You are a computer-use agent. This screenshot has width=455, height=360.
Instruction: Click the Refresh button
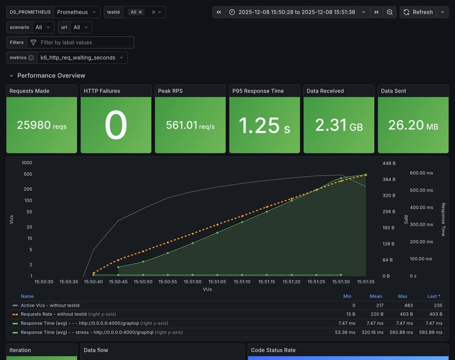[418, 12]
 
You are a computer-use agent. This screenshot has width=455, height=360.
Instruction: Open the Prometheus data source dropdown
[77, 12]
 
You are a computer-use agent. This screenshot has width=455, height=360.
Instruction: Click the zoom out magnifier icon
[389, 12]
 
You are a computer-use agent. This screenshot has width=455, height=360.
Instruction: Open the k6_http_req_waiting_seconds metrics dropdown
[82, 58]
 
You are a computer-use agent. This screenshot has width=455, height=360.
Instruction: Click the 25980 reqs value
[42, 125]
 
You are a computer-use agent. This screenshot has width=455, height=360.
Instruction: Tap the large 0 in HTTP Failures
[116, 125]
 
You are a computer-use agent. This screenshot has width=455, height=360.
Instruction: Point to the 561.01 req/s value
[190, 125]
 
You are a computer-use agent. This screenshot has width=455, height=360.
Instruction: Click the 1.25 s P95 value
[264, 125]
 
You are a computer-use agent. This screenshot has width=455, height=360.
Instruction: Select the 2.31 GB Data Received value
[339, 125]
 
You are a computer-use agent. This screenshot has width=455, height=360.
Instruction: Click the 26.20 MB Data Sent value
[413, 125]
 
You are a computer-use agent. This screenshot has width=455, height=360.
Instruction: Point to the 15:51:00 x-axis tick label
[192, 282]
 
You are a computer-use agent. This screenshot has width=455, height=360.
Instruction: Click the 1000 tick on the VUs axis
[27, 163]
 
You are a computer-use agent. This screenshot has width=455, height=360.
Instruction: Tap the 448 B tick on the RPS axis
[389, 164]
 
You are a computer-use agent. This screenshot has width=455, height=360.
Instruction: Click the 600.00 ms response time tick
[421, 173]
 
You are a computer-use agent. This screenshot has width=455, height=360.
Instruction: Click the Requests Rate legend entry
[53, 314]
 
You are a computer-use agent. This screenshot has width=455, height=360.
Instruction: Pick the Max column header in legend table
[402, 296]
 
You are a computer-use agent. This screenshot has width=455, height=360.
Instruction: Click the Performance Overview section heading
[51, 75]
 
